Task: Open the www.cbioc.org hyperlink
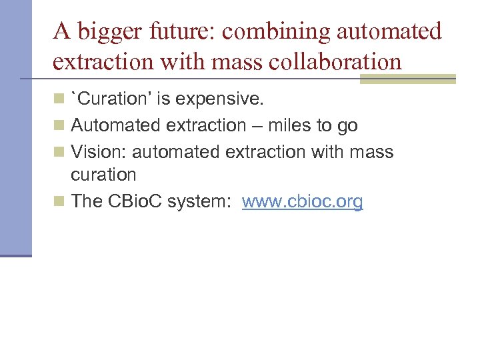click(302, 201)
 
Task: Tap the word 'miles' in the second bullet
click(289, 125)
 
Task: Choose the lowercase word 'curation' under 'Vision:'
click(103, 175)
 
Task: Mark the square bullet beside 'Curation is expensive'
click(60, 100)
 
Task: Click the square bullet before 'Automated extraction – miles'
click(60, 125)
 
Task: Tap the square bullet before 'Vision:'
click(60, 151)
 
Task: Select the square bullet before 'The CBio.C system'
click(60, 201)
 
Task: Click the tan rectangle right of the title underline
click(407, 79)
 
